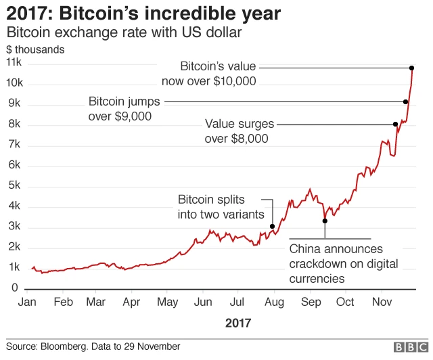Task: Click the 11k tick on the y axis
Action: tap(14, 62)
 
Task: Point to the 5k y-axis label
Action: tap(14, 185)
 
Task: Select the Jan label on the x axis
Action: tap(26, 302)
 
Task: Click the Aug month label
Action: tap(275, 302)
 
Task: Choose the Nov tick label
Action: tap(382, 302)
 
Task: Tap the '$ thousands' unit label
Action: tap(35, 49)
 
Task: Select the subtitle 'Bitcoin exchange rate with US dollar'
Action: tap(124, 32)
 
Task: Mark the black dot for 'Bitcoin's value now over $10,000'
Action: tap(411, 68)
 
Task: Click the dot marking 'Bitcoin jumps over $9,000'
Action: tap(405, 102)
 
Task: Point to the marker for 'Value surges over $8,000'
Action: tap(395, 124)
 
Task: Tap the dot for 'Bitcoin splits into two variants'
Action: tap(272, 227)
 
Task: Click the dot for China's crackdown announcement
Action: tap(325, 221)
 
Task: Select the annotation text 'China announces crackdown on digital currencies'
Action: tap(343, 264)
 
